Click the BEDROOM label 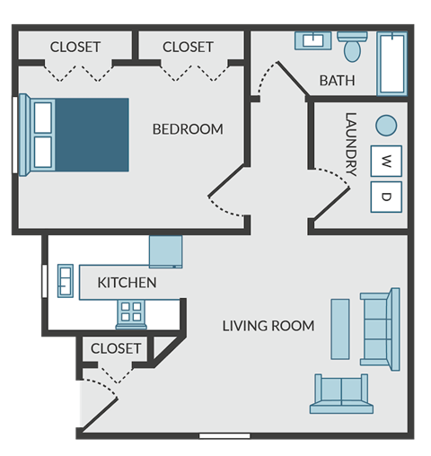coord(188,129)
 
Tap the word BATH coord(337,81)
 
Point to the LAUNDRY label coord(351,145)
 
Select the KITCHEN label coord(127,283)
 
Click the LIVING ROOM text coord(268,326)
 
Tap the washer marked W coord(386,162)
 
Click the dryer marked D coord(386,197)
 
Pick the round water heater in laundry coord(386,126)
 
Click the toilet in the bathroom coord(352,47)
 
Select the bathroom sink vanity coord(313,40)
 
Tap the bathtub coord(392,64)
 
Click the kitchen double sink coord(66,281)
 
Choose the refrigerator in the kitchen coord(166,251)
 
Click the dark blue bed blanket coord(92,135)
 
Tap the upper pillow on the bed coord(43,118)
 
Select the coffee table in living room coord(340,329)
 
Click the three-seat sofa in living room coord(380,329)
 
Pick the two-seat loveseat coord(341,394)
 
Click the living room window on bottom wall coord(224,435)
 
